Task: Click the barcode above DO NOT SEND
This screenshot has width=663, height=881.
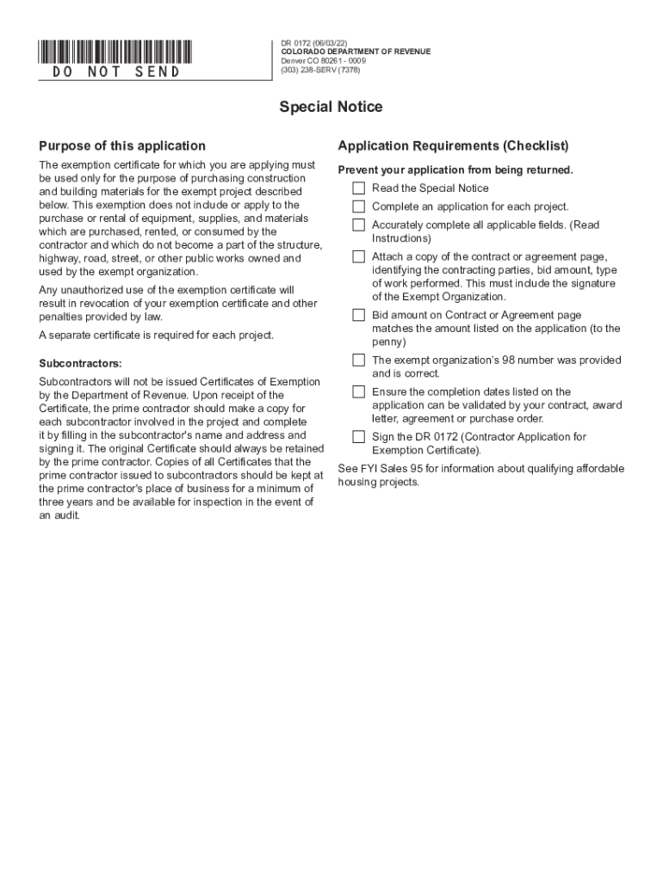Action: (115, 51)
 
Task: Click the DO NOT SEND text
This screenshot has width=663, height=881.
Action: (116, 72)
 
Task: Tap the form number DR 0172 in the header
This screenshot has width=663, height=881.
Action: (298, 42)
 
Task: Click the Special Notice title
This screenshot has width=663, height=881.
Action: (331, 108)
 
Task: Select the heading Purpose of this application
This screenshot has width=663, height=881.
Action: (122, 146)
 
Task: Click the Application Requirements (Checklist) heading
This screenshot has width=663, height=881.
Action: (453, 146)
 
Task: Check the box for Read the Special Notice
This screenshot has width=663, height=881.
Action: (358, 188)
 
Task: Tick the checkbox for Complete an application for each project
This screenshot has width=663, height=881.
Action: (358, 206)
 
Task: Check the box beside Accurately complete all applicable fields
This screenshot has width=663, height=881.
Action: (358, 225)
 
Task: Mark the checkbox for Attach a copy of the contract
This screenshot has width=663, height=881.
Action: (358, 256)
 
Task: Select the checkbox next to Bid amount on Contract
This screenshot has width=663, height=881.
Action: (358, 315)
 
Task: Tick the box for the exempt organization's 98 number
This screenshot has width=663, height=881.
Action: (358, 360)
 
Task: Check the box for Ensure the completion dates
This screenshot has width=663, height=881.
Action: (358, 391)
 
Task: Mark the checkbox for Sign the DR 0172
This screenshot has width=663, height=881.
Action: (358, 437)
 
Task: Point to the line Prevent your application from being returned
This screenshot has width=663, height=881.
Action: (455, 170)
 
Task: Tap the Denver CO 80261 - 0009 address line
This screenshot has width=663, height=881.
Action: (322, 61)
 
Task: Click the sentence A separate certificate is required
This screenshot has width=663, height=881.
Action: (157, 336)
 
